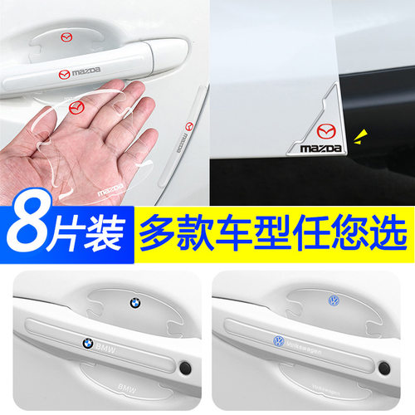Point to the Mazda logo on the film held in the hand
(x=76, y=106)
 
